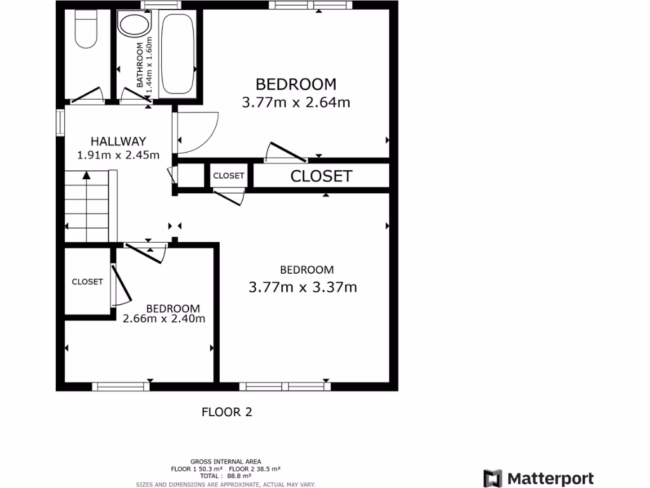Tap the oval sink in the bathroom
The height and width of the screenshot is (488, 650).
click(x=133, y=27)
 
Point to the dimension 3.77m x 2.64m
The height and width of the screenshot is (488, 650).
click(x=296, y=102)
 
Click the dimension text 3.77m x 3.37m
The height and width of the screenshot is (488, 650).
click(x=302, y=287)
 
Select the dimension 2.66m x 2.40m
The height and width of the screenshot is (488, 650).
click(x=164, y=319)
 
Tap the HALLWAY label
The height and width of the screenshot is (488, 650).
click(x=118, y=141)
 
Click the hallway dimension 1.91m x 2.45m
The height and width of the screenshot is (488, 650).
click(x=118, y=154)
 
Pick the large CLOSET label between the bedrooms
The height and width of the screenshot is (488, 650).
click(x=321, y=176)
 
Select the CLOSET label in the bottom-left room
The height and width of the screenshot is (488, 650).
click(x=87, y=281)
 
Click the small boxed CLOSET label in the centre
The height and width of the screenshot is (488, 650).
click(x=228, y=175)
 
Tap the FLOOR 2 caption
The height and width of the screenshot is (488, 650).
click(x=227, y=412)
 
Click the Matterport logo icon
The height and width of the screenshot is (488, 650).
click(x=493, y=478)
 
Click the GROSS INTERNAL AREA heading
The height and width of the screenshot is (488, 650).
click(x=225, y=461)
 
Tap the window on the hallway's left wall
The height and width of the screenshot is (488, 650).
click(x=60, y=123)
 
